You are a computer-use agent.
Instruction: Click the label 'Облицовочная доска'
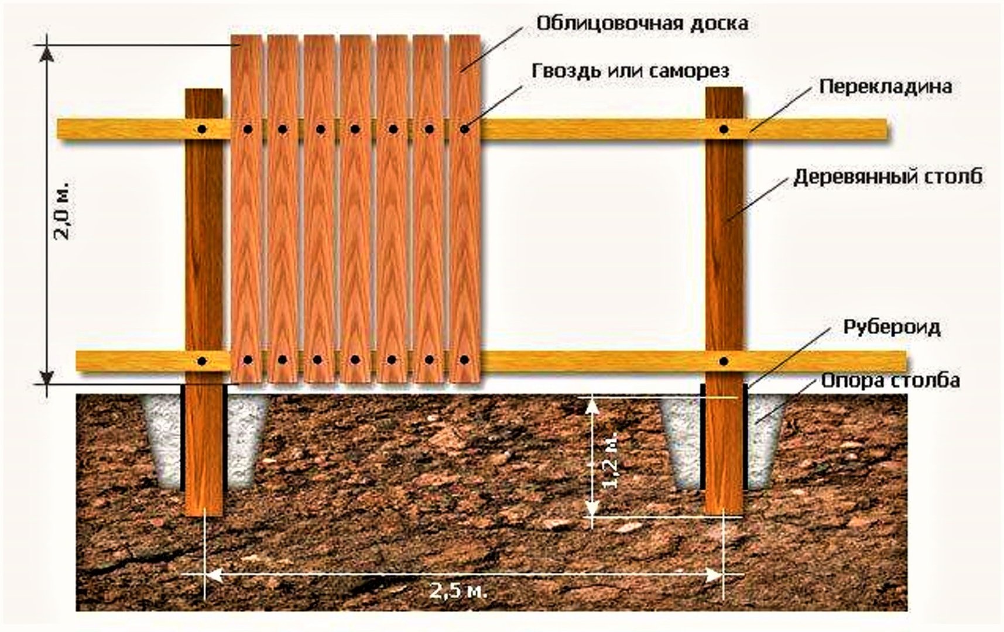click(642, 23)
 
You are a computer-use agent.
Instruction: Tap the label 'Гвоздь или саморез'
click(631, 71)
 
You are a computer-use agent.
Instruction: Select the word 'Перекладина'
click(885, 87)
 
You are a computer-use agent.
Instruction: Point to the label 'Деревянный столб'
click(888, 177)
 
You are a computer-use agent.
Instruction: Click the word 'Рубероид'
click(892, 327)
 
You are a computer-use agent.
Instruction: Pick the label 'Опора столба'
click(890, 381)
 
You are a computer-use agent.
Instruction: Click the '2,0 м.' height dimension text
click(63, 210)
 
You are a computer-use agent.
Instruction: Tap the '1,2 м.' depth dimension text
click(609, 463)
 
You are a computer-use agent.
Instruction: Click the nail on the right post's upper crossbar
click(724, 129)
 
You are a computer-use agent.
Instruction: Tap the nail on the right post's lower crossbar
click(724, 361)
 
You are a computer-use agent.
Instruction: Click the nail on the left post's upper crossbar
click(202, 129)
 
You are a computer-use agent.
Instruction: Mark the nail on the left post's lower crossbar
click(203, 361)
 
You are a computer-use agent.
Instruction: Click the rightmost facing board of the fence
click(465, 208)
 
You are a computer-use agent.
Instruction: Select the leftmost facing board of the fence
click(246, 208)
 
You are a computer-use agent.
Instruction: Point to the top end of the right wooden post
click(724, 88)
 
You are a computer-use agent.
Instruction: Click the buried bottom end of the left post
click(204, 514)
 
